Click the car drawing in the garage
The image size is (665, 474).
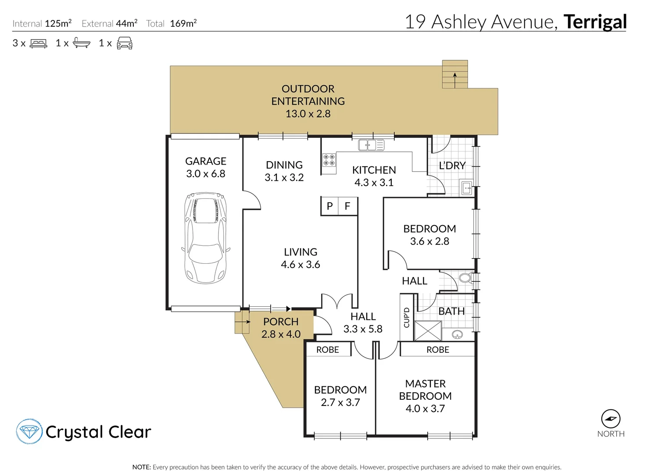pyautogui.click(x=205, y=237)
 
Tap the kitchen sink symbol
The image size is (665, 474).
pyautogui.click(x=371, y=145)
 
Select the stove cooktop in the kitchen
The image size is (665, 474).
pyautogui.click(x=329, y=160)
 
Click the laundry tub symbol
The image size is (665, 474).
pyautogui.click(x=467, y=187)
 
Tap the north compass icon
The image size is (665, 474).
pyautogui.click(x=611, y=419)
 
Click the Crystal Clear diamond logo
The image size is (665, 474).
pyautogui.click(x=29, y=431)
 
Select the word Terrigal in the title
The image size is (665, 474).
pyautogui.click(x=595, y=22)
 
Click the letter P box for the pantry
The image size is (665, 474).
pyautogui.click(x=330, y=206)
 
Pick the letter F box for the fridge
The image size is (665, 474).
pyautogui.click(x=347, y=206)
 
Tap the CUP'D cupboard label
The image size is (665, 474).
pyautogui.click(x=407, y=317)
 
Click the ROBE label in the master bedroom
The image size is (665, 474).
pyautogui.click(x=437, y=349)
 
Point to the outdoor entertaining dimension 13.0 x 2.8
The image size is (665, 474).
pyautogui.click(x=308, y=114)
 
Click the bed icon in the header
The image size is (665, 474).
pyautogui.click(x=39, y=43)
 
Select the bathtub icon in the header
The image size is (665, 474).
pyautogui.click(x=82, y=43)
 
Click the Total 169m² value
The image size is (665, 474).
pyautogui.click(x=183, y=24)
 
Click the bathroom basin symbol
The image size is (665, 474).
pyautogui.click(x=458, y=335)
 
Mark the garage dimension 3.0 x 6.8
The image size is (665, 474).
pyautogui.click(x=206, y=174)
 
